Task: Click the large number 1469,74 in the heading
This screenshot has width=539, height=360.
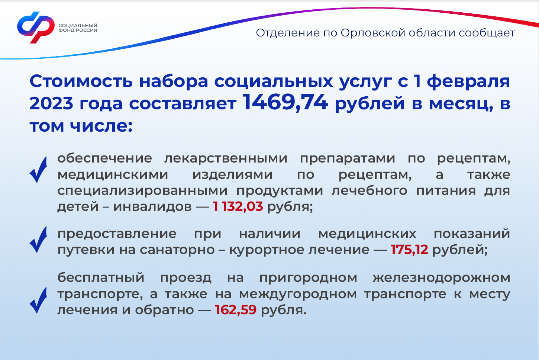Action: [285, 102]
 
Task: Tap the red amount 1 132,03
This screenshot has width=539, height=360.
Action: [238, 206]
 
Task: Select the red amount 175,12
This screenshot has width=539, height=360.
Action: [409, 249]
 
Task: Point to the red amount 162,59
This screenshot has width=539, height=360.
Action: [236, 309]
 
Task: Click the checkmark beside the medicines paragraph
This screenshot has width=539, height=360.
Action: [38, 170]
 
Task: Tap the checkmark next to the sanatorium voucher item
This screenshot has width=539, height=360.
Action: [38, 240]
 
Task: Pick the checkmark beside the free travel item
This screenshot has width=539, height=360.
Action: [38, 300]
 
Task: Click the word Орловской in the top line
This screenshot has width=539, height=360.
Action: [373, 33]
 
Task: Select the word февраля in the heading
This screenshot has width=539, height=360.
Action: [468, 81]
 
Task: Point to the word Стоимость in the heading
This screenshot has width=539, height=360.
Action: [81, 81]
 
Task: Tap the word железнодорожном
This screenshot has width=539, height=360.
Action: [442, 278]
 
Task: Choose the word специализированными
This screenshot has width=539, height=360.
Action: [142, 191]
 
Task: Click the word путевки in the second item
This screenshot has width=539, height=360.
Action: [86, 250]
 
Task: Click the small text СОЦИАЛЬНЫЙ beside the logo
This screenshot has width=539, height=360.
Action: [78, 25]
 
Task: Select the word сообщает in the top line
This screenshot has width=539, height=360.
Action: [487, 33]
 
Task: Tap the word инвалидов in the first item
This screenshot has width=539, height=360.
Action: [152, 207]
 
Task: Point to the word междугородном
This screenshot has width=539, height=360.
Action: [298, 294]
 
